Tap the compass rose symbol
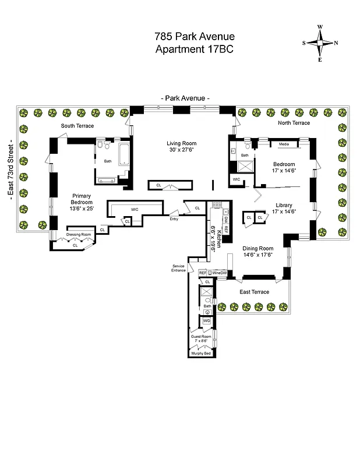point(320,43)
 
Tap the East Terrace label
point(255,292)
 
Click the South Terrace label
point(77,126)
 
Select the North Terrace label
point(294,123)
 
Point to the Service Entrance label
point(178,268)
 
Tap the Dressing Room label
point(78,234)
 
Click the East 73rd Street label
point(11,170)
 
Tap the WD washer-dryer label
point(206,320)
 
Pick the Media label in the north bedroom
point(284,144)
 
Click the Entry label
point(174,219)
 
